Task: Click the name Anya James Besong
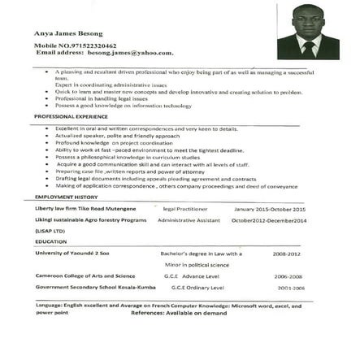pos(63,33)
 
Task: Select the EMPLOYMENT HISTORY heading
pos(66,197)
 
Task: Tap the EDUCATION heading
pos(50,241)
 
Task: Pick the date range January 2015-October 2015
pos(269,208)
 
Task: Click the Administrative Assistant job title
pos(189,220)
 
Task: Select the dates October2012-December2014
pos(269,220)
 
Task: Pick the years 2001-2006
pos(290,288)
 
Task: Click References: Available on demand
pos(180,312)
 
